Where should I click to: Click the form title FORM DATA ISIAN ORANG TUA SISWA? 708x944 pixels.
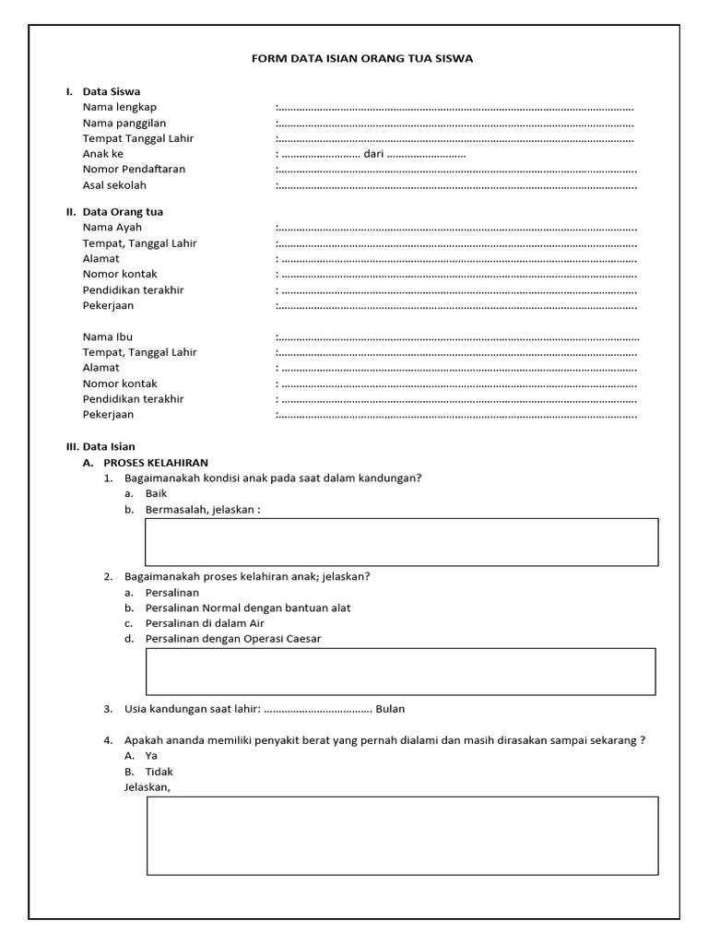362,58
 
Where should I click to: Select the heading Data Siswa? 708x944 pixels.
111,91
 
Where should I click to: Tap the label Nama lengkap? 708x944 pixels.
120,107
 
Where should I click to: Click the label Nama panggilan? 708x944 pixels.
124,123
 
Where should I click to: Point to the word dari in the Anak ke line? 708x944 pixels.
373,154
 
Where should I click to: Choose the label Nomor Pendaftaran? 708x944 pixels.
134,170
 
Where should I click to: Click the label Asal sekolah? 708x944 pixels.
114,185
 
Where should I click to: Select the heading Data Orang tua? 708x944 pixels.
123,211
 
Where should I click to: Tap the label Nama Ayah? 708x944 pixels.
112,227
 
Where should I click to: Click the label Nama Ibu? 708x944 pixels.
108,336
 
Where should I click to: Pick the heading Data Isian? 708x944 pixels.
109,446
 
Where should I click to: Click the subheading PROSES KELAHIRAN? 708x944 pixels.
156,462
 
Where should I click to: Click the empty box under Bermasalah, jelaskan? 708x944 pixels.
402,541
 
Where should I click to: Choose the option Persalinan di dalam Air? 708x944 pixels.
205,623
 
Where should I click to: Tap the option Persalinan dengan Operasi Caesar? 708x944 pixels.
233,639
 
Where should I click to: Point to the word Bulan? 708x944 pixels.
390,709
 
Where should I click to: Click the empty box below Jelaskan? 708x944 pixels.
402,835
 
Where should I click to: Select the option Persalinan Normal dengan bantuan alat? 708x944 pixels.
248,608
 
